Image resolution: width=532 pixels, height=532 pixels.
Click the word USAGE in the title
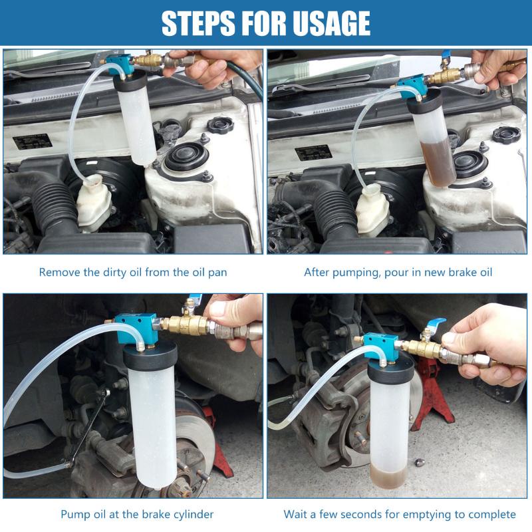pyautogui.click(x=331, y=23)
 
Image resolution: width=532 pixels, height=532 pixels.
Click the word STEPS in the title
pyautogui.click(x=199, y=23)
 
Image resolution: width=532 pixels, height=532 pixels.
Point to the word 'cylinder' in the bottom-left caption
pyautogui.click(x=194, y=514)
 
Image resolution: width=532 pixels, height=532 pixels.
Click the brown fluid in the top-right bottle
pyautogui.click(x=438, y=163)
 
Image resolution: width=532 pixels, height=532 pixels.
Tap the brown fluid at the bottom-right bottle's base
pyautogui.click(x=389, y=477)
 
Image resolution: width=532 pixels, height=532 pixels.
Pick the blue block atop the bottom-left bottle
pyautogui.click(x=136, y=328)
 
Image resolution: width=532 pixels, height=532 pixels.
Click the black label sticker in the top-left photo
pyautogui.click(x=33, y=142)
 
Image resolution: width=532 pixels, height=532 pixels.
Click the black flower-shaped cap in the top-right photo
pyautogui.click(x=507, y=134)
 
